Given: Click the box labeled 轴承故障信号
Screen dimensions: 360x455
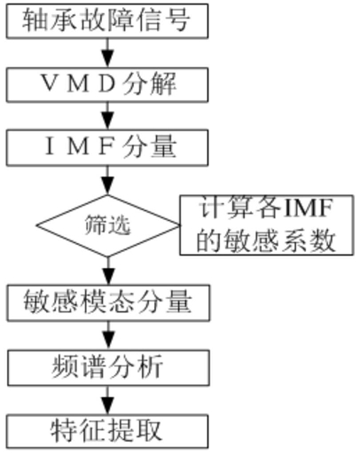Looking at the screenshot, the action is tap(107, 21).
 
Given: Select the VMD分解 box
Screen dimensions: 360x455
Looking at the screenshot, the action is tap(107, 85).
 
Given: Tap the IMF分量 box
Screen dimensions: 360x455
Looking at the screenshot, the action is tap(107, 147).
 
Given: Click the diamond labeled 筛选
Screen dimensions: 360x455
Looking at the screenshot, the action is tap(107, 226).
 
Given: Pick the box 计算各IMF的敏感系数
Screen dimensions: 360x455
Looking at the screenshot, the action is tap(266, 224).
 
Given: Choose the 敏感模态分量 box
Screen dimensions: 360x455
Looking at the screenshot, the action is tap(108, 302).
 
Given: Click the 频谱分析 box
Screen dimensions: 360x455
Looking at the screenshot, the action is tap(108, 368).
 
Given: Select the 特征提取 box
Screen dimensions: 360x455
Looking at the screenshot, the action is tap(107, 432).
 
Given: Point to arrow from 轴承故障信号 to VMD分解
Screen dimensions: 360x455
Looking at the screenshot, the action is tap(107, 53).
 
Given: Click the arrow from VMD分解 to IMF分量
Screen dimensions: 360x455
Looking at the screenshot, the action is tap(107, 116).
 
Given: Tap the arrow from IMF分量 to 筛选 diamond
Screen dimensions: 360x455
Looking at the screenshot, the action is tap(107, 180).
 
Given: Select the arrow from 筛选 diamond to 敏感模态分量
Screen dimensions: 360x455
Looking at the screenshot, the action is tap(108, 271).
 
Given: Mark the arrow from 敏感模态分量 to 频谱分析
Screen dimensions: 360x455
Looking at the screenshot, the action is tap(108, 335).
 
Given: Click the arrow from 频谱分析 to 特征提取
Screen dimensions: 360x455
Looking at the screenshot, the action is tap(108, 400).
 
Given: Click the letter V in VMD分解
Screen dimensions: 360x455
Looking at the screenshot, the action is tap(51, 82).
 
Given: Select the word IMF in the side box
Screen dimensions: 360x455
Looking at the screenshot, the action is tap(308, 208).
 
